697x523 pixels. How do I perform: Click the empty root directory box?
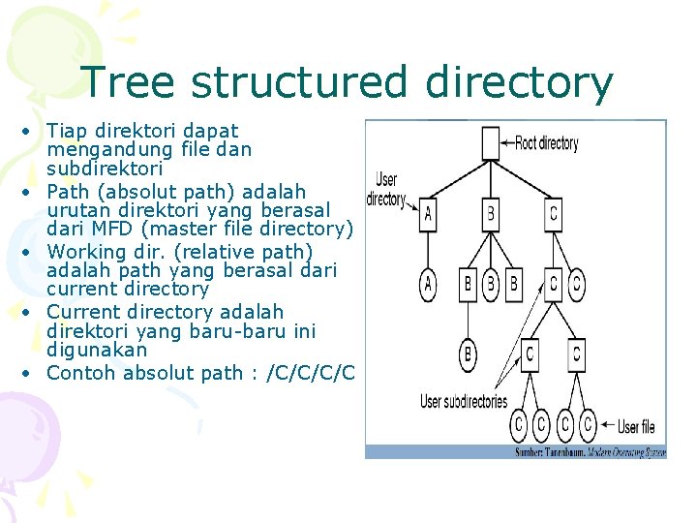point(489,143)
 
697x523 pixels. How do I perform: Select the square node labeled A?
point(428,213)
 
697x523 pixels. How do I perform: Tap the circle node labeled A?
point(428,284)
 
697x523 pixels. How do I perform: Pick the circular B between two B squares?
point(491,284)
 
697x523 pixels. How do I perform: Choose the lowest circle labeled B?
point(469,354)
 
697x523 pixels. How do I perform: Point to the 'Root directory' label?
point(547,143)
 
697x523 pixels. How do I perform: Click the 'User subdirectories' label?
point(463,401)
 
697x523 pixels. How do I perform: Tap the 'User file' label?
point(636,425)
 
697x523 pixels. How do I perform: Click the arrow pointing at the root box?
point(505,143)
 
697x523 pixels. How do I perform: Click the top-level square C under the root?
point(553,213)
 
